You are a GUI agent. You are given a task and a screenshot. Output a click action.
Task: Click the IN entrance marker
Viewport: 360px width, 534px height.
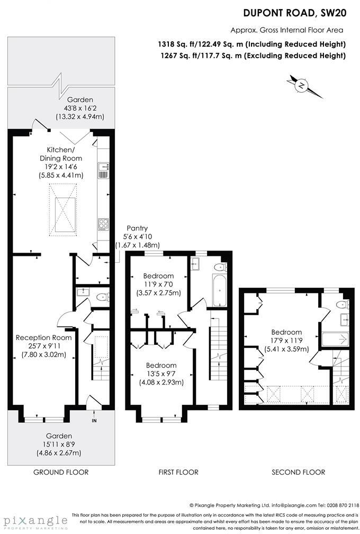tap(94, 421)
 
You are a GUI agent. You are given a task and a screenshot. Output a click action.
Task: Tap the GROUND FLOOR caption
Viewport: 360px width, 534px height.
tap(61, 472)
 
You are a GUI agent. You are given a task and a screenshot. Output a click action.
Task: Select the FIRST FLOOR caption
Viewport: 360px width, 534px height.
tap(178, 472)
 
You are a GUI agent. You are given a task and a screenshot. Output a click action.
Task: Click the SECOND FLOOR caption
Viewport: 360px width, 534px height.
tap(298, 472)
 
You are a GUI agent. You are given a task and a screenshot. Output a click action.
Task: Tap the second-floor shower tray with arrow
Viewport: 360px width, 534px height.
tap(334, 339)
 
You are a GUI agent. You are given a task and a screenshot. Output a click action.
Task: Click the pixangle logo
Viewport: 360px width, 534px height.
tap(34, 520)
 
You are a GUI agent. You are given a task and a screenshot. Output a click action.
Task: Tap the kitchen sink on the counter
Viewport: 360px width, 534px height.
tap(103, 170)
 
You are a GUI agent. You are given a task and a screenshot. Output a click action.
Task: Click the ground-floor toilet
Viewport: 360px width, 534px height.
tap(102, 298)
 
